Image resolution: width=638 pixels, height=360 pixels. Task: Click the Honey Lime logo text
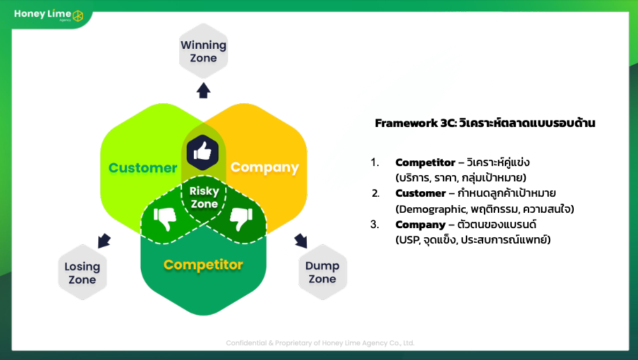[x=43, y=14]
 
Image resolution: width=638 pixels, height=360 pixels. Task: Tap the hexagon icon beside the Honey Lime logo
[x=77, y=15]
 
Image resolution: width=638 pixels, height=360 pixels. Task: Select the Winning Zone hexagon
[x=204, y=51]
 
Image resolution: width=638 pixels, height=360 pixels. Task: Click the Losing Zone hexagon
[x=82, y=273]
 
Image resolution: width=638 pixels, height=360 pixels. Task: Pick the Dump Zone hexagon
[x=322, y=272]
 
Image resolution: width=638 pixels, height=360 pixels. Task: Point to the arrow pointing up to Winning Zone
[x=204, y=91]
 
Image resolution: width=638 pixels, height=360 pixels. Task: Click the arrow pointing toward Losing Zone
[x=104, y=241]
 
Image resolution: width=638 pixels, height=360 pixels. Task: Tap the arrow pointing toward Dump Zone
[x=301, y=241]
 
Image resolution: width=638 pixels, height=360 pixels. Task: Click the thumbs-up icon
[x=203, y=153]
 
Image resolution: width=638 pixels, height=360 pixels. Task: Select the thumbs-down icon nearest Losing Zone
[x=165, y=219]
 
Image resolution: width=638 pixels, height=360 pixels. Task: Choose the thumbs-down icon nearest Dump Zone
[x=242, y=219]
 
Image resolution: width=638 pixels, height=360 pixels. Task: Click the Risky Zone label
[x=204, y=197]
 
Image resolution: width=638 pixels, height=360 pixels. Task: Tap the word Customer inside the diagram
[x=143, y=167]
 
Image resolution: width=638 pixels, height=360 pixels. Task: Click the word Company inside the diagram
[x=264, y=167]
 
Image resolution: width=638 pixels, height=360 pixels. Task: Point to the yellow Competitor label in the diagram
[x=203, y=264]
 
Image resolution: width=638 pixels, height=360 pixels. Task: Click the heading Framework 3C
[x=416, y=123]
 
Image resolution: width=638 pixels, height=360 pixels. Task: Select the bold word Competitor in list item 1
[x=425, y=163]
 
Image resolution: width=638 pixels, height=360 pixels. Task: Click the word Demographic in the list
[x=432, y=209]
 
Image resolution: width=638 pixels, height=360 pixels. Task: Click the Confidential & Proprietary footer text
[x=320, y=343]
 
